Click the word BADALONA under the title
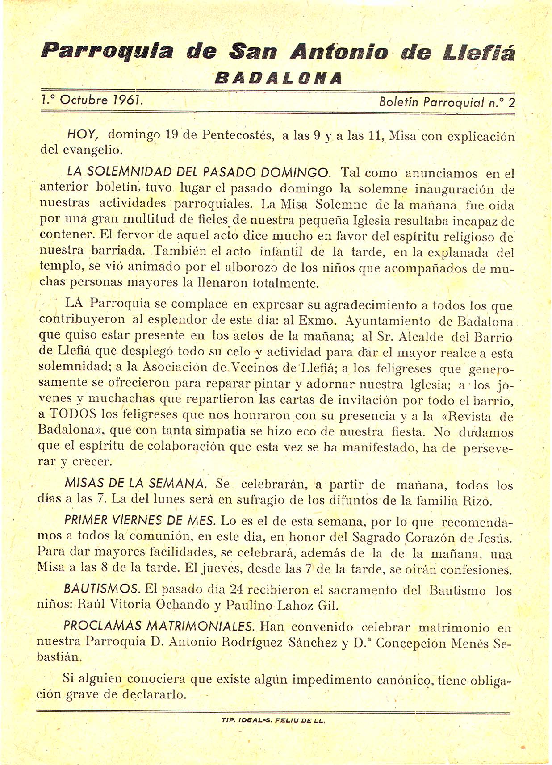(279, 78)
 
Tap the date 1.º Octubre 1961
(92, 100)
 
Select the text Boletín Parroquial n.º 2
(447, 102)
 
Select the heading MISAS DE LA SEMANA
(136, 483)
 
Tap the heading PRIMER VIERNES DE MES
(140, 520)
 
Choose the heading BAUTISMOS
(102, 589)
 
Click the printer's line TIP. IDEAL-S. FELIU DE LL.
(273, 720)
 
